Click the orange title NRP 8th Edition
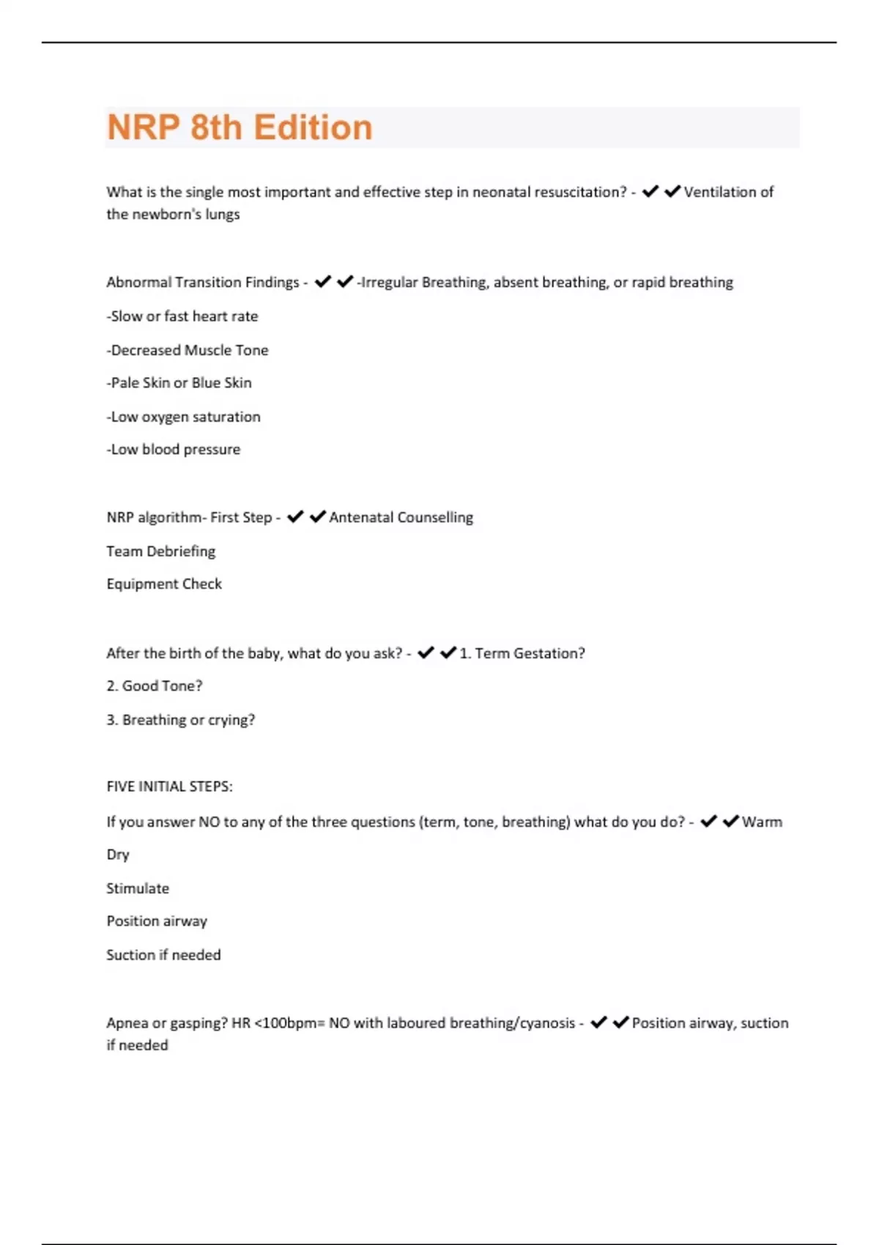point(240,127)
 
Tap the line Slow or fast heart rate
point(182,316)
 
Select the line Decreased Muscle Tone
point(188,350)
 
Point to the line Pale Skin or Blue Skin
point(179,383)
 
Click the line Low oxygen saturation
point(183,417)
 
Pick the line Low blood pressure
point(173,450)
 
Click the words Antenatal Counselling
point(401,518)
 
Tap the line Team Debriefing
point(161,551)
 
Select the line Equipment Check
point(164,584)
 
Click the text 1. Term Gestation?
point(522,653)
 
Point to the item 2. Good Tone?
point(155,686)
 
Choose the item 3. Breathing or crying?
point(181,720)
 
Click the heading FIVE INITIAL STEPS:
point(169,787)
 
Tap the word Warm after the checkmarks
point(762,822)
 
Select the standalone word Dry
point(118,855)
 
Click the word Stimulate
point(138,888)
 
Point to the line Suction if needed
point(163,955)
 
